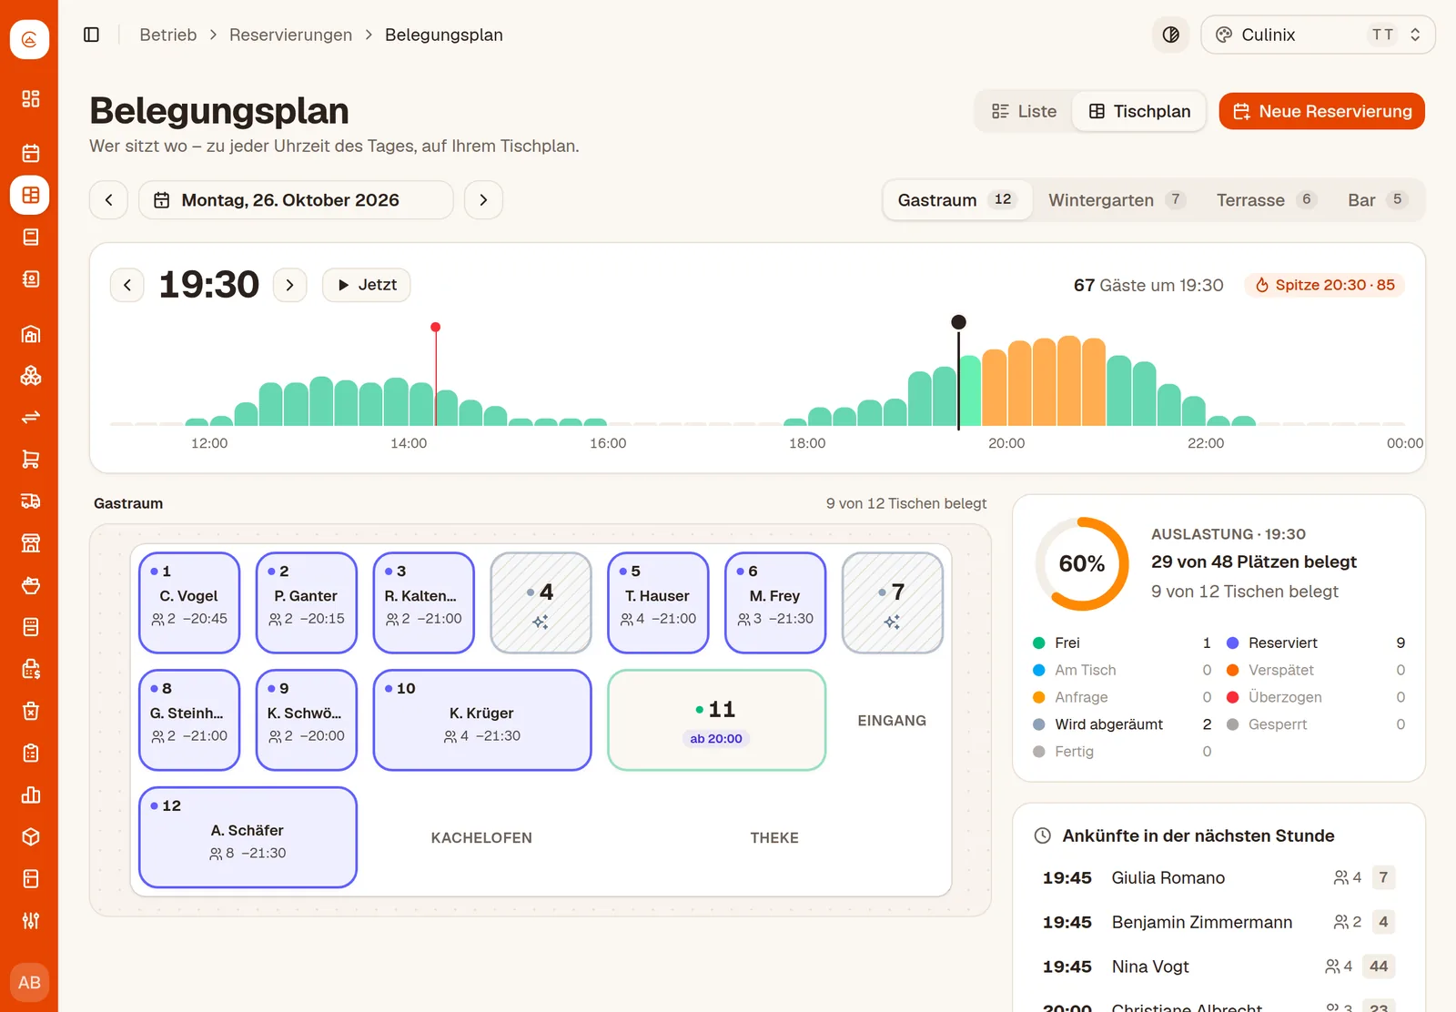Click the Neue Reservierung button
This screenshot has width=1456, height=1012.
coord(1321,111)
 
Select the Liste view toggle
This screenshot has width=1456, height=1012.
coord(1024,111)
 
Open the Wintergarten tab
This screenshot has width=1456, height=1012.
coord(1116,199)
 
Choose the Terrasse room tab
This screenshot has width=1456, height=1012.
coord(1266,199)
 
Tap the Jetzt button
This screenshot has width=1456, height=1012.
coord(366,285)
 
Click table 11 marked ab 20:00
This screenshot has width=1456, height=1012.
coord(716,720)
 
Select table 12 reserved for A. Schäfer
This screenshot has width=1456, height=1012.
coord(248,837)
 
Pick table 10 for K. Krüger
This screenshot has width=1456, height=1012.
coord(481,720)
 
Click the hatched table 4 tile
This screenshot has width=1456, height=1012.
coord(541,602)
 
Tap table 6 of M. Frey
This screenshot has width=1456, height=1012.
coord(774,602)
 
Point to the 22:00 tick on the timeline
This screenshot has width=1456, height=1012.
coord(1205,443)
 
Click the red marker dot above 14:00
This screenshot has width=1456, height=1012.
coord(436,327)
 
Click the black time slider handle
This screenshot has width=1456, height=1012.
coord(958,322)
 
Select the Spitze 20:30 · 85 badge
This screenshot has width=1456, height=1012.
coord(1325,285)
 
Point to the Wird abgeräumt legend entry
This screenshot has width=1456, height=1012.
coord(1109,724)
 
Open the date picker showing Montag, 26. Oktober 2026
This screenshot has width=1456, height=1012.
coord(296,199)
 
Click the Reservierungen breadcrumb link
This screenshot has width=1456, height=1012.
coord(290,35)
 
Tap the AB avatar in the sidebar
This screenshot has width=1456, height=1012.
coord(29,982)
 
